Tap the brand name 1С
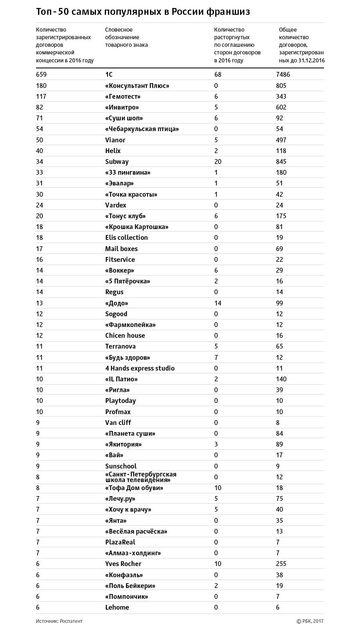(109, 75)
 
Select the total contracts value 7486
(283, 75)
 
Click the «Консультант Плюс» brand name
(137, 86)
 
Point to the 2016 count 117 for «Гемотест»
(41, 96)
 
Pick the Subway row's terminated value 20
(218, 161)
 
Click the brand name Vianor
(115, 140)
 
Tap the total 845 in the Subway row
(281, 161)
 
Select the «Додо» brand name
(117, 303)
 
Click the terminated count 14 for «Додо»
(218, 303)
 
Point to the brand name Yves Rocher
(123, 564)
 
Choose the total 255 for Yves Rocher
(281, 564)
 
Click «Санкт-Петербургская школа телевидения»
(141, 477)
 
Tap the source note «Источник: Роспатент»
(59, 621)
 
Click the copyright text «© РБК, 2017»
(310, 621)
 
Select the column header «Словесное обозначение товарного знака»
(126, 37)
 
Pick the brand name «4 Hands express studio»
(140, 368)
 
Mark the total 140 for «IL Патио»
(281, 379)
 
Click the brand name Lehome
(117, 607)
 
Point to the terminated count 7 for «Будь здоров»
(216, 357)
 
